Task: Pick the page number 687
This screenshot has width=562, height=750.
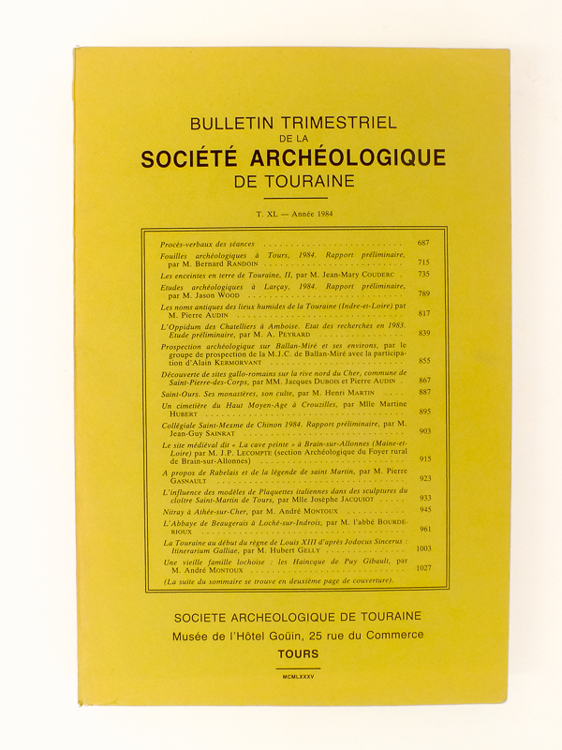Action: [x=423, y=243]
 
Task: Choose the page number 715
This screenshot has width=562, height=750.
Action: [x=423, y=263]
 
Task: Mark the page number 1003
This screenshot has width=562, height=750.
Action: [x=421, y=548]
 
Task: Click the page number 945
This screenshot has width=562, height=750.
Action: [x=423, y=509]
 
